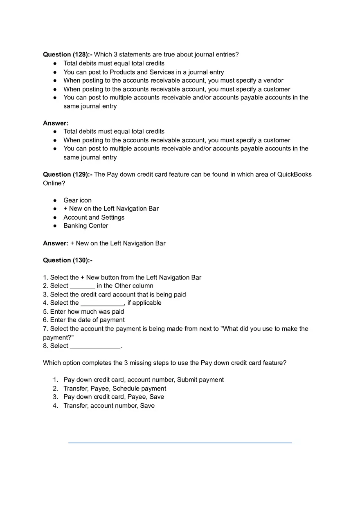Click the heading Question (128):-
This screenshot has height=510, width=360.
(x=67, y=54)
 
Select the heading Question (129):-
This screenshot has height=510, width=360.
(x=67, y=174)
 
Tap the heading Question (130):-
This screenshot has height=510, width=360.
(x=67, y=260)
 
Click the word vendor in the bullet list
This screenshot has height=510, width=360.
(x=273, y=81)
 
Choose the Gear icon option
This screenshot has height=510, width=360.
(x=77, y=200)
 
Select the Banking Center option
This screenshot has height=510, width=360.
(x=85, y=226)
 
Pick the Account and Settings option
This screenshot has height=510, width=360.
(x=94, y=217)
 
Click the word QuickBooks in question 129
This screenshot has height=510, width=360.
(x=294, y=174)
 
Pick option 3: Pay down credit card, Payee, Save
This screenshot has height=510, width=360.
(x=114, y=397)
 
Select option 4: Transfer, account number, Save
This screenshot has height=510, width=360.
(x=109, y=406)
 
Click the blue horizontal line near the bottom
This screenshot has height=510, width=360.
(x=180, y=443)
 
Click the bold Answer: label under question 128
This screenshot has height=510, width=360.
(x=56, y=123)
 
